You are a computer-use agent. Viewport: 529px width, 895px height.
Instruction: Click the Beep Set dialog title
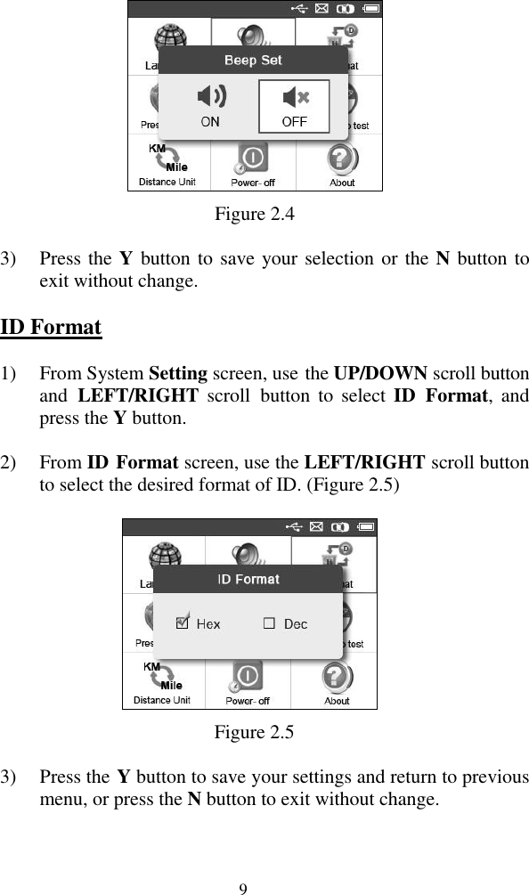253,60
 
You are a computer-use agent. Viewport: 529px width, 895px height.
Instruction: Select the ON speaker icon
210,95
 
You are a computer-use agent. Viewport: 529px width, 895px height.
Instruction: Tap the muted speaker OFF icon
294,96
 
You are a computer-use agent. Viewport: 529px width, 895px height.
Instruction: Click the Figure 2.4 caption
255,214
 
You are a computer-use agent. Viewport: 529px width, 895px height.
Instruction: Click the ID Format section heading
51,327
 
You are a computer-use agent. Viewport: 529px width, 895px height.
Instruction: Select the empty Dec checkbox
269,623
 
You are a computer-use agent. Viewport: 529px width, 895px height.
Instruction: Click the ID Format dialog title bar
248,579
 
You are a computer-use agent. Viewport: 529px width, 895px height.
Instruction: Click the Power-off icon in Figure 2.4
253,159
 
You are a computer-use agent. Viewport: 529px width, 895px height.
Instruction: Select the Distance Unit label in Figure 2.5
162,700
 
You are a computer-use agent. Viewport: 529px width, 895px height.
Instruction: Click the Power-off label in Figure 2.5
248,701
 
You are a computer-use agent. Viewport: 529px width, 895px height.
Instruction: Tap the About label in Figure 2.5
337,701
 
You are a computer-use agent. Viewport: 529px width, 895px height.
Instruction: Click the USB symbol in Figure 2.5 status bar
294,526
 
